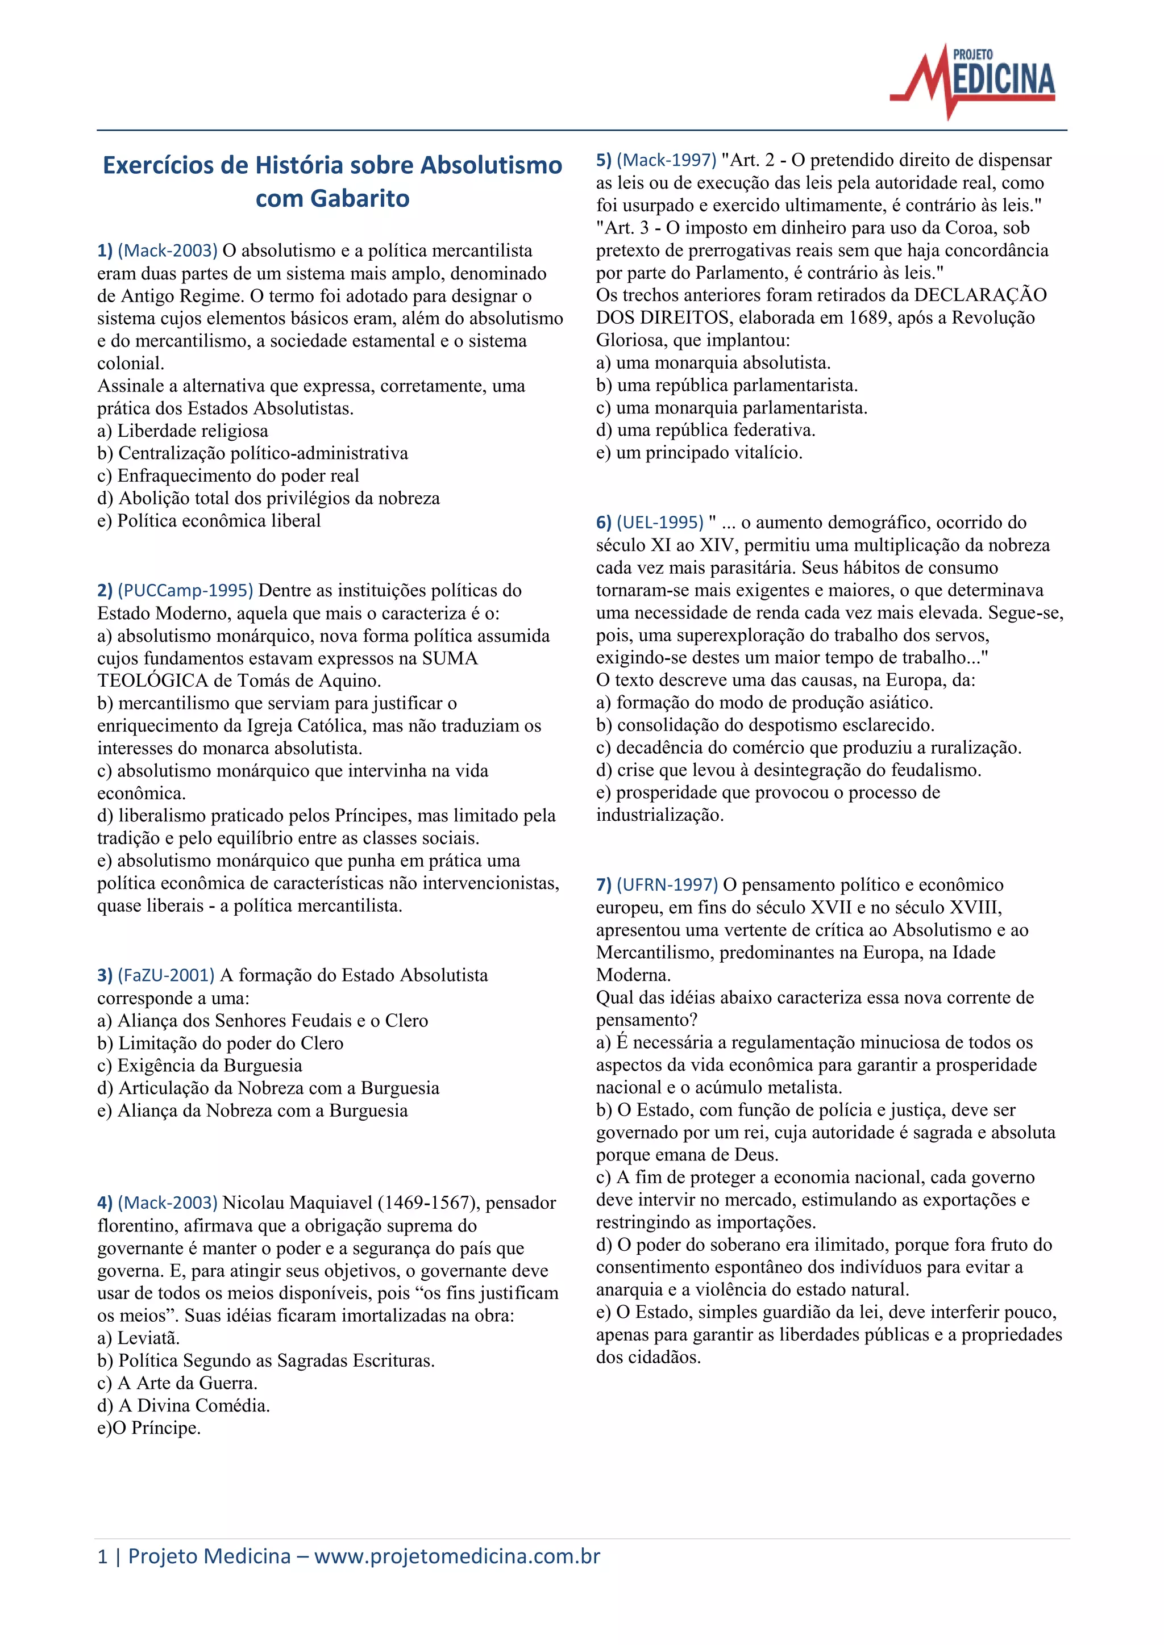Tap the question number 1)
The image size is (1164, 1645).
105,250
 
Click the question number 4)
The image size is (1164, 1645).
105,1203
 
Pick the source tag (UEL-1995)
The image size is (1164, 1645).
659,523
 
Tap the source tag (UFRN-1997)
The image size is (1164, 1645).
667,885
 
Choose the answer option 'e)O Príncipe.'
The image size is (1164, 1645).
148,1428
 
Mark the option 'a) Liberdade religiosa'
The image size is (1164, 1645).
183,431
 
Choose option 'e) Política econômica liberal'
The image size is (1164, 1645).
209,520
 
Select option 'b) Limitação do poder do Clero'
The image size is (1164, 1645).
220,1042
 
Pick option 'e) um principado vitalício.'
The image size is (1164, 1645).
699,452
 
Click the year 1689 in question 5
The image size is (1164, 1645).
868,318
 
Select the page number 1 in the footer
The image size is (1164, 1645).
102,1556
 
